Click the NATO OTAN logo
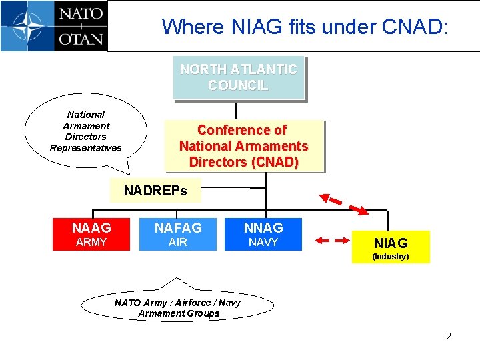[53, 26]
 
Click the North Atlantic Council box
[238, 77]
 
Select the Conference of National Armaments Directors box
[243, 146]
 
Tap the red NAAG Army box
[91, 234]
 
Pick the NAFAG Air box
[178, 234]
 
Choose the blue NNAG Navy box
[263, 234]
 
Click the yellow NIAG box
[391, 247]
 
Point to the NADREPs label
[155, 191]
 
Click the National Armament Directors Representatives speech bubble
[85, 131]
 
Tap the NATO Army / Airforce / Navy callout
[177, 307]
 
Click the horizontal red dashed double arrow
[331, 241]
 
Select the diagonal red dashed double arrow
[344, 204]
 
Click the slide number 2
[449, 336]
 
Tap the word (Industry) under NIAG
[391, 256]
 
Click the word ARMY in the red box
[91, 242]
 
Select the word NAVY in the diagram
[263, 242]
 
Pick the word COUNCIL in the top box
[238, 85]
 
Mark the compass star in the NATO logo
[25, 26]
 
